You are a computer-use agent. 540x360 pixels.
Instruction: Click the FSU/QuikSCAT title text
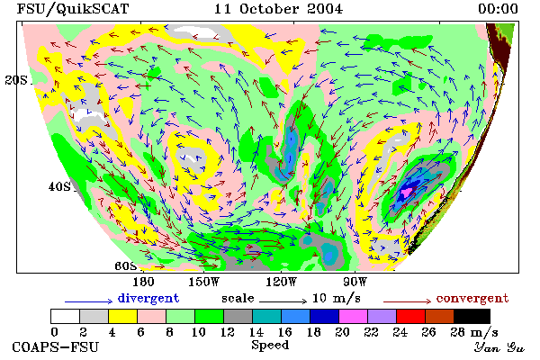(73, 9)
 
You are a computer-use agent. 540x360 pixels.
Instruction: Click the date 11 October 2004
(278, 9)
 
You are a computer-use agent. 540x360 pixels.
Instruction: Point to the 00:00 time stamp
(498, 9)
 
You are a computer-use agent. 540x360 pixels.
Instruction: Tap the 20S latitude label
(16, 80)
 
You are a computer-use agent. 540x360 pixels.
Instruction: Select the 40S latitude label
(59, 186)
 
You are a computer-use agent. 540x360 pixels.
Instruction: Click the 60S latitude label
(125, 266)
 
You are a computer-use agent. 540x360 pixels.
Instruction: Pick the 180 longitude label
(143, 282)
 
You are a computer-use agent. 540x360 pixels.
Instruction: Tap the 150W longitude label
(204, 282)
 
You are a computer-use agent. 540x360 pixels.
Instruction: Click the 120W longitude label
(281, 282)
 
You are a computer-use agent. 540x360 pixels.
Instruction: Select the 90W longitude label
(355, 282)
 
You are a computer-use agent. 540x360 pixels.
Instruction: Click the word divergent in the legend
(148, 298)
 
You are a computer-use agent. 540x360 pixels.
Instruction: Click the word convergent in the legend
(472, 298)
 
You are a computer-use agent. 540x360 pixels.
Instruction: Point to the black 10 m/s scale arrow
(283, 301)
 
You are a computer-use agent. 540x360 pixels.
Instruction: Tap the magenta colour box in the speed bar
(354, 316)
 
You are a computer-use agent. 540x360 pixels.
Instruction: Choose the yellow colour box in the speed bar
(123, 316)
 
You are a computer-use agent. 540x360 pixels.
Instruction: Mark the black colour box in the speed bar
(472, 316)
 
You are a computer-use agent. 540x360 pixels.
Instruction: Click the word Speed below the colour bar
(270, 346)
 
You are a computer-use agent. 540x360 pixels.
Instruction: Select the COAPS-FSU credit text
(56, 346)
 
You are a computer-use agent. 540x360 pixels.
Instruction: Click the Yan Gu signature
(499, 347)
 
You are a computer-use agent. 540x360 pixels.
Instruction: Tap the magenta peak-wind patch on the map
(408, 191)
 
